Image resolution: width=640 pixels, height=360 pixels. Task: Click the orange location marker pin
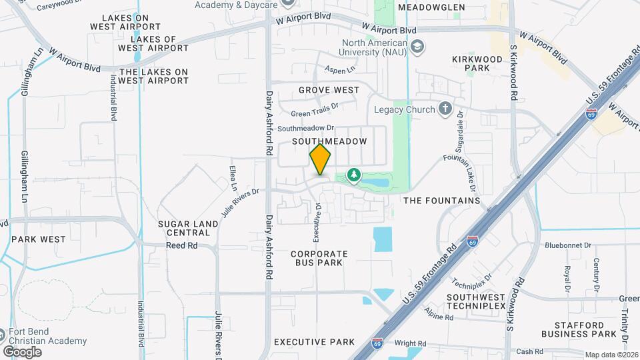(x=320, y=160)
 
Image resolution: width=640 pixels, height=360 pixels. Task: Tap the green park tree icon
(x=353, y=175)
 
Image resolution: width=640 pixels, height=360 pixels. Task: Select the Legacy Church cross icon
(x=445, y=109)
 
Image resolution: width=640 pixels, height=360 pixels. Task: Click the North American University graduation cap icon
(x=417, y=46)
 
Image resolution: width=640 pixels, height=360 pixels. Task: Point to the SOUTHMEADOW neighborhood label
(x=330, y=142)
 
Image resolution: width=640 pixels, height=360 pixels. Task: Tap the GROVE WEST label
(x=329, y=90)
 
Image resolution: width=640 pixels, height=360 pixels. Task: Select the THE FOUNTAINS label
(x=442, y=200)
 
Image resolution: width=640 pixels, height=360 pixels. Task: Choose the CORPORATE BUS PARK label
(x=319, y=258)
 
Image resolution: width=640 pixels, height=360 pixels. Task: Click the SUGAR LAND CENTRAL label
(x=189, y=228)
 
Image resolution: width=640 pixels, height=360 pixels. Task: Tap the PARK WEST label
(x=39, y=239)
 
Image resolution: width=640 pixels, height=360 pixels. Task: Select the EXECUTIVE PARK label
(x=315, y=342)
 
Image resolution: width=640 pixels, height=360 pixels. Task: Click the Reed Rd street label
(x=183, y=245)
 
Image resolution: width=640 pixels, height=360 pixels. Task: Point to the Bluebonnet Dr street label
(x=568, y=245)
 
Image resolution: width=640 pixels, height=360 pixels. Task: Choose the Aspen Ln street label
(x=340, y=69)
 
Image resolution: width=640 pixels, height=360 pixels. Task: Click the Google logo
(x=22, y=351)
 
